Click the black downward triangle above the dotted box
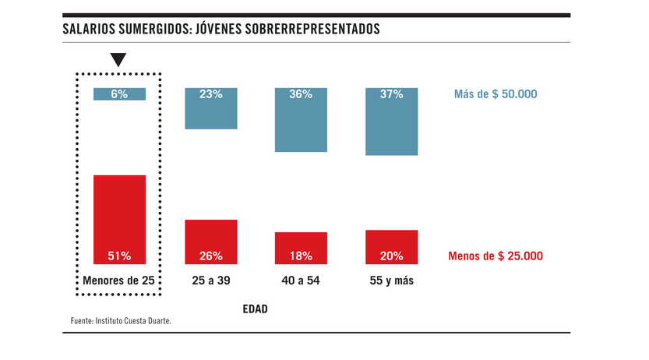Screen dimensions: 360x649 tap(118, 60)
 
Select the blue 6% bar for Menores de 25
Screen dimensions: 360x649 tap(120, 94)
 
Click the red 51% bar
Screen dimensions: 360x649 tap(120, 219)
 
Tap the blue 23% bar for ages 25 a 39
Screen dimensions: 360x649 tap(210, 108)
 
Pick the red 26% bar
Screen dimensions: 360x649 tap(210, 242)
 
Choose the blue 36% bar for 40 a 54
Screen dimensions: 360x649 tap(301, 119)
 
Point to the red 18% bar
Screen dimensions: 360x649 tap(301, 248)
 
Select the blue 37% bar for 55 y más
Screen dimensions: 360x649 tap(392, 121)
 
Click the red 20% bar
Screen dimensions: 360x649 tap(392, 246)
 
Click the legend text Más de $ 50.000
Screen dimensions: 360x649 tap(496, 94)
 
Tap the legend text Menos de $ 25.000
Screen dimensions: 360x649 tap(496, 256)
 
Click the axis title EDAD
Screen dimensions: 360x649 tap(254, 309)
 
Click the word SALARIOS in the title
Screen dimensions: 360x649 tap(92, 30)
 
